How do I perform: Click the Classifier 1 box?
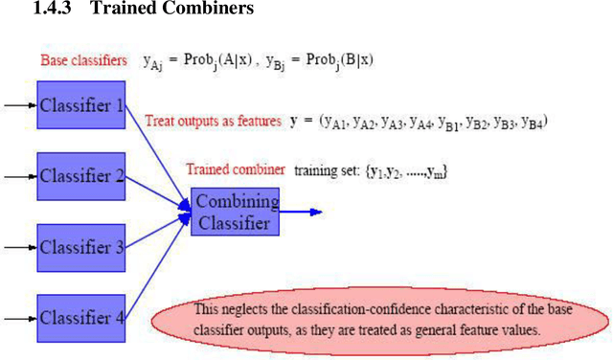coord(81,104)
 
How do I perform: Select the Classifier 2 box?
coord(81,175)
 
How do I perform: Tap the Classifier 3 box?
coord(81,247)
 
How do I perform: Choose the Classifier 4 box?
coord(81,318)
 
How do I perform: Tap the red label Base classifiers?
coord(83,61)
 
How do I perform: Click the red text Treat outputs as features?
coord(213,122)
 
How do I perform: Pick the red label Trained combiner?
coord(236,169)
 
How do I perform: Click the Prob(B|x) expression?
coord(337,60)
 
